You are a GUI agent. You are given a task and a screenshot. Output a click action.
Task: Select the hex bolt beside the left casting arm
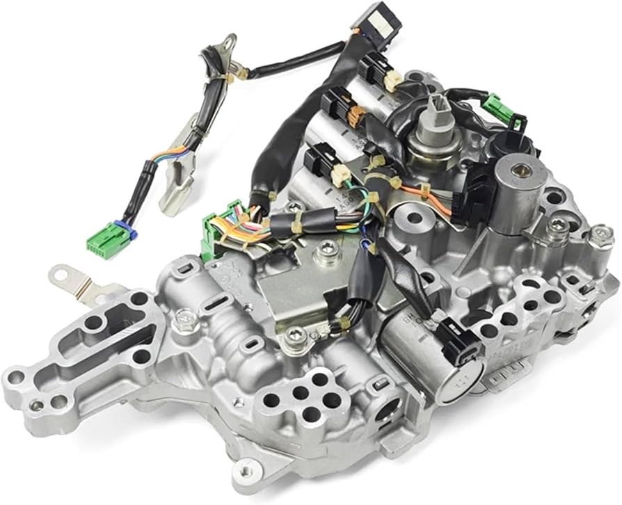[x=184, y=319]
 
